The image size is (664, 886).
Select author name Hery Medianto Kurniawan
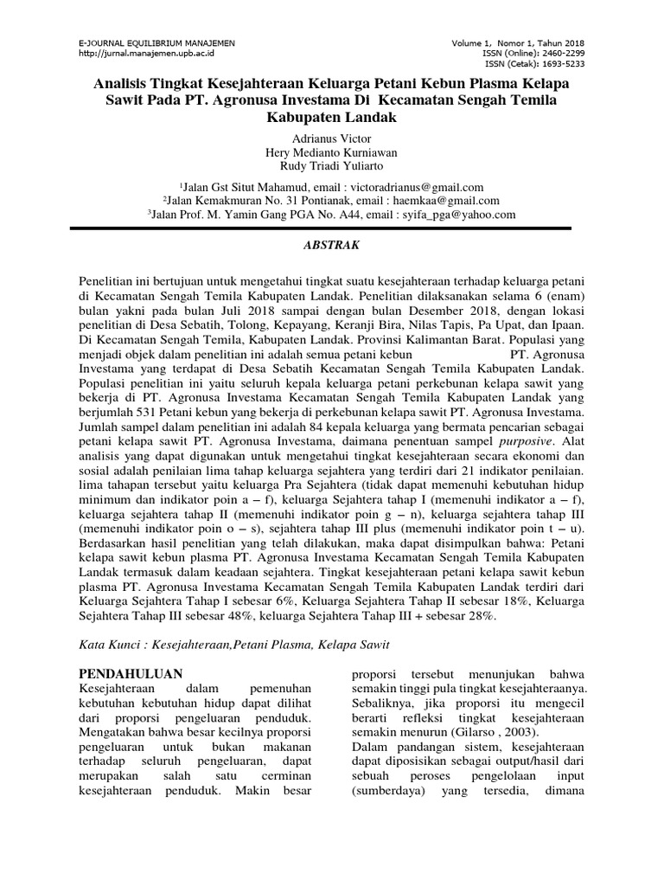(x=332, y=153)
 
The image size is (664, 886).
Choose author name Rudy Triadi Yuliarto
(x=332, y=167)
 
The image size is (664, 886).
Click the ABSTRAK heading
(x=332, y=246)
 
